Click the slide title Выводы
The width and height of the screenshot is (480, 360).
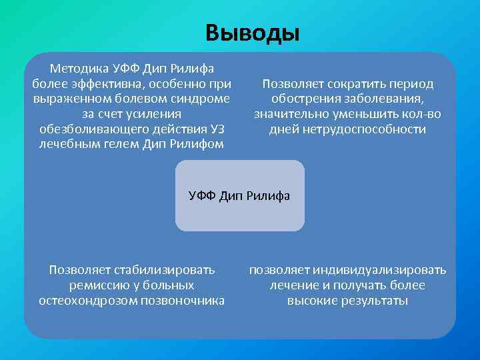point(253,32)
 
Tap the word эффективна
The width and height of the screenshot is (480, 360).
point(115,84)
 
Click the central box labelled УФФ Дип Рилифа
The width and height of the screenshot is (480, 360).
point(239,195)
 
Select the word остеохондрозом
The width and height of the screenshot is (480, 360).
point(85,301)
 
